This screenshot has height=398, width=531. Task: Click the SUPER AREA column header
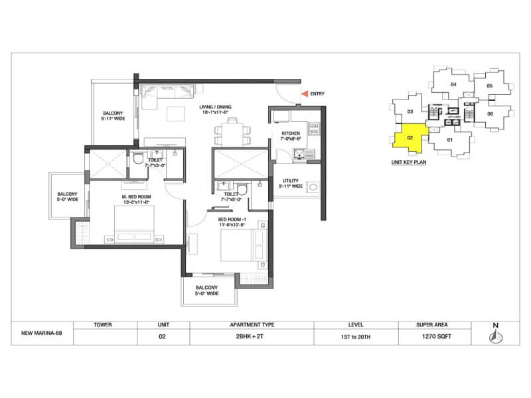434,325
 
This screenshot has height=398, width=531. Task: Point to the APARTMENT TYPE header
252,325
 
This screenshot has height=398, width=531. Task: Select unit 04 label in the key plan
454,84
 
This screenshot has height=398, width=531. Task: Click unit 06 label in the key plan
490,113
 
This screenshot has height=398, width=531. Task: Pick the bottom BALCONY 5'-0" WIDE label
206,290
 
